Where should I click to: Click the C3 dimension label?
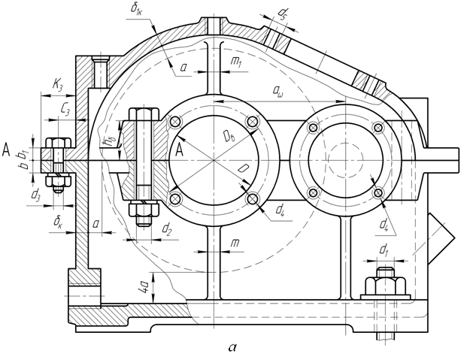pos(65,109)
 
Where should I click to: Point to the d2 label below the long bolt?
pos(167,230)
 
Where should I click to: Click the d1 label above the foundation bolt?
pos(384,248)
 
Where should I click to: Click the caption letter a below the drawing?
pos(231,347)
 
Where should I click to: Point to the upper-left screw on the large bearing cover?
pos(175,123)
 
